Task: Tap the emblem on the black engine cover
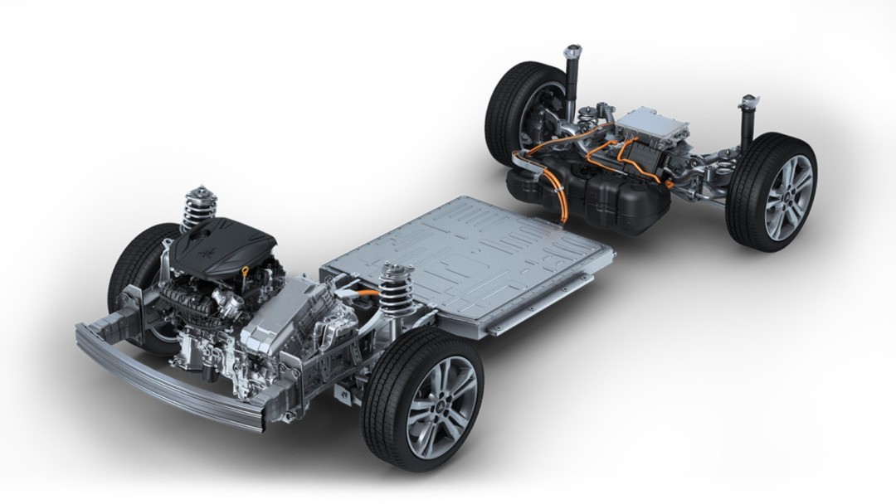[204, 235]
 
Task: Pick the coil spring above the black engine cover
[198, 207]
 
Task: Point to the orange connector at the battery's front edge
[366, 292]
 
